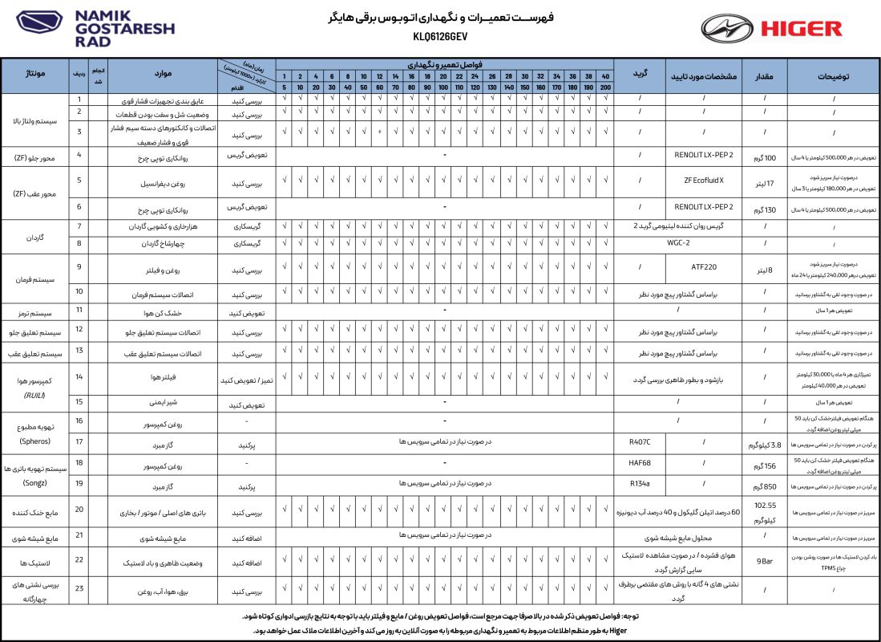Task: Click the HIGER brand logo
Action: coord(771,29)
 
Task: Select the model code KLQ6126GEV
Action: coord(440,36)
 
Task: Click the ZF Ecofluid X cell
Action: coord(704,181)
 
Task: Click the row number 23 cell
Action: coord(79,591)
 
